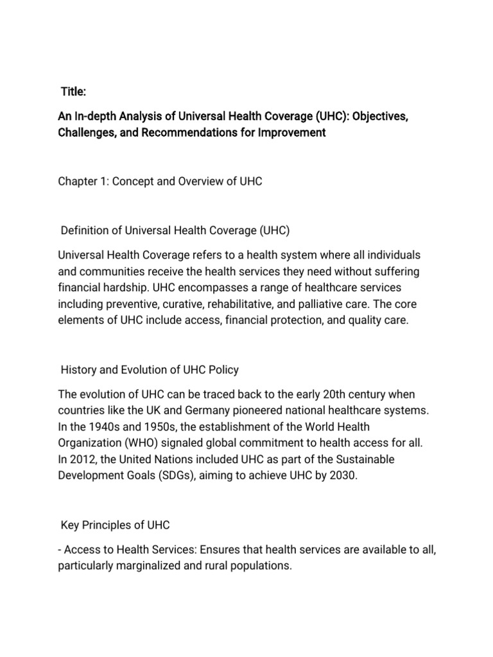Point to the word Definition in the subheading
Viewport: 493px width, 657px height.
coord(84,230)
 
